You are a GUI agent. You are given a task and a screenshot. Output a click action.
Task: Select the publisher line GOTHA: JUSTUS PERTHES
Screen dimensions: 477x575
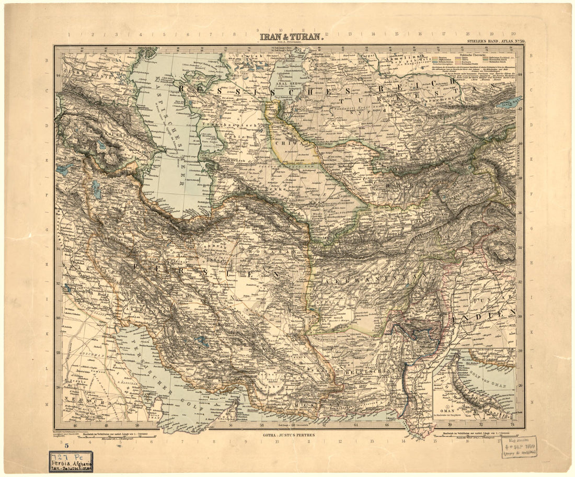tap(290, 434)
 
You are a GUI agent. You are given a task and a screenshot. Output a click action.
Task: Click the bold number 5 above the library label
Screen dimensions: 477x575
tap(66, 446)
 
